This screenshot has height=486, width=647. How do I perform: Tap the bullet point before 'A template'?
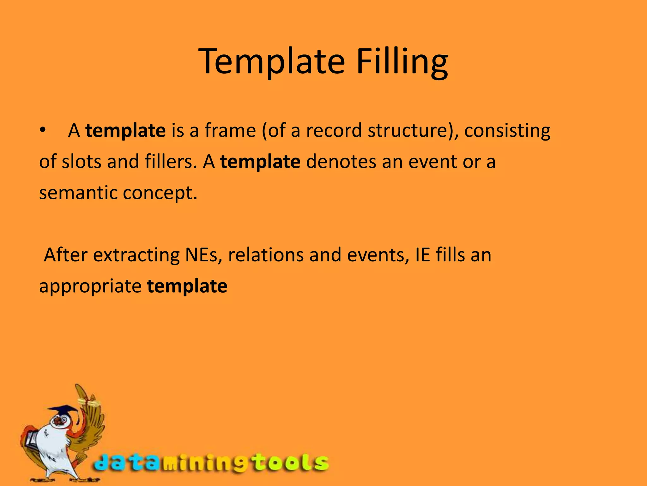(x=43, y=130)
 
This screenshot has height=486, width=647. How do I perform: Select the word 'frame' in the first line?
(x=230, y=130)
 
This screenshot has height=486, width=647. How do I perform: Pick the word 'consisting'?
(x=507, y=131)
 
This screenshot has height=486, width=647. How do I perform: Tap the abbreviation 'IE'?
(x=422, y=255)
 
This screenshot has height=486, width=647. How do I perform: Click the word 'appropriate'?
(x=90, y=286)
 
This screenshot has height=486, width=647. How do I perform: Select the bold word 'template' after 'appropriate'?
(x=187, y=286)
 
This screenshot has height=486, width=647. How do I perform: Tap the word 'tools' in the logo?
(x=291, y=463)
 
